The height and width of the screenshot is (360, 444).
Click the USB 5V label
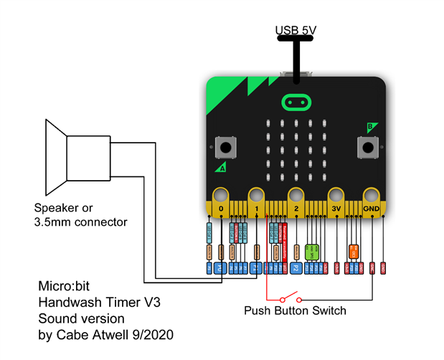click(x=296, y=30)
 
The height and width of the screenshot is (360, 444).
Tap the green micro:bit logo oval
click(x=295, y=101)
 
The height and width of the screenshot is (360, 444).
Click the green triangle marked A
click(x=219, y=168)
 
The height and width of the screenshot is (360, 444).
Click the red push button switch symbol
click(x=291, y=298)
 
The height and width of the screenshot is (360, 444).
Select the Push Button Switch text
click(x=295, y=311)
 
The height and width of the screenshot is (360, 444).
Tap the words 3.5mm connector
click(x=80, y=222)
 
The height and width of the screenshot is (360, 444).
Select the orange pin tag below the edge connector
click(x=354, y=251)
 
